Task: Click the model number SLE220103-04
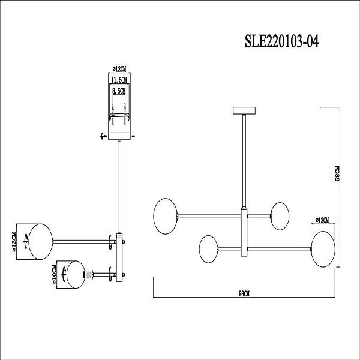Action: (282, 41)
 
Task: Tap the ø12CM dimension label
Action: (119, 69)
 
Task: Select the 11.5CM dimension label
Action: (119, 80)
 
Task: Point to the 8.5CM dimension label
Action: (119, 91)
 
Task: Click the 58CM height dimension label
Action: (337, 173)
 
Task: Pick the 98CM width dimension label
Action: (244, 293)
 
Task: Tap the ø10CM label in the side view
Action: (54, 273)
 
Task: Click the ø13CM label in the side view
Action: (14, 241)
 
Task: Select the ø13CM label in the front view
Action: (322, 221)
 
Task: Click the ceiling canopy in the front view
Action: (244, 110)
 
